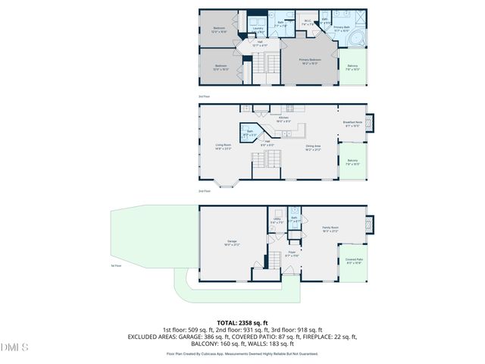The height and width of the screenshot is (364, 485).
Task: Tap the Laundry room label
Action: [x=258, y=30]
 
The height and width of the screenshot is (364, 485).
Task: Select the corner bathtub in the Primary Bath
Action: [x=359, y=39]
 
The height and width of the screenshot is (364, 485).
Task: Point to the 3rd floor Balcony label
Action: [x=352, y=67]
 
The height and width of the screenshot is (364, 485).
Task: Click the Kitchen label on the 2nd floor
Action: [x=283, y=119]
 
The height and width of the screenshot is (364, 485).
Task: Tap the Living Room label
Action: [x=223, y=147]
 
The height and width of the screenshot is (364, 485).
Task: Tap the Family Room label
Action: [x=330, y=229]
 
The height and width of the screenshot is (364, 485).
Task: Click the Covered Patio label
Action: [x=353, y=262]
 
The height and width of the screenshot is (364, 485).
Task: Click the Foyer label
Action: [x=292, y=255]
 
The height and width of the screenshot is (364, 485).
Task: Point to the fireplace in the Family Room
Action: [x=369, y=224]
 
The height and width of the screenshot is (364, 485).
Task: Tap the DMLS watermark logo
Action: [x=14, y=347]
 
